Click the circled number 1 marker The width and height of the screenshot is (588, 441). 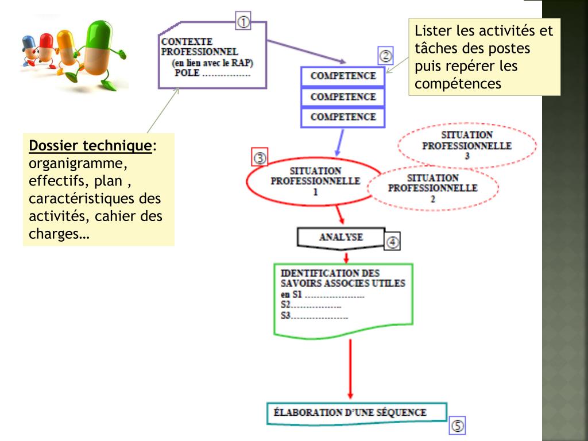243,22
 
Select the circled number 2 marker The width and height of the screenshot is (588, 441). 385,56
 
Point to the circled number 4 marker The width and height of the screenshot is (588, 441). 392,242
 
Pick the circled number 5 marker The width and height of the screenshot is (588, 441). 457,425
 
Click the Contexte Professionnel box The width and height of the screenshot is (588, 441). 211,58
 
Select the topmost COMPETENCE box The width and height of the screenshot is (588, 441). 343,76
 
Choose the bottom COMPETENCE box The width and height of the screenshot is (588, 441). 343,117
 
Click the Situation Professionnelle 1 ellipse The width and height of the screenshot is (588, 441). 314,181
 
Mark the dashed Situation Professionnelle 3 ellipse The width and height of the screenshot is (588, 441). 466,145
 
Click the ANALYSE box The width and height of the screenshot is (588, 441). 341,237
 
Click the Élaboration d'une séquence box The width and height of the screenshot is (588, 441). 356,412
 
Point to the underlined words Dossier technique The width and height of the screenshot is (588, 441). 90,146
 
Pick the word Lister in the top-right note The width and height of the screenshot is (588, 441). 434,31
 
